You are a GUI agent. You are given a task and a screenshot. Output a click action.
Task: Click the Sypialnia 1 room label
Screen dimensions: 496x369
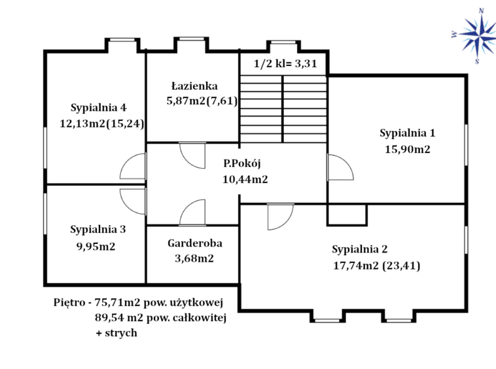(x=408, y=133)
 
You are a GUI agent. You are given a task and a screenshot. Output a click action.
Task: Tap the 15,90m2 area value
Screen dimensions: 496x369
(x=408, y=149)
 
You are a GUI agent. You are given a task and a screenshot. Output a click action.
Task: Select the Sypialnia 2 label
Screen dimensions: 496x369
(x=360, y=249)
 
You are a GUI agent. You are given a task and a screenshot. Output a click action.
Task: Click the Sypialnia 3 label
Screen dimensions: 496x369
(x=97, y=230)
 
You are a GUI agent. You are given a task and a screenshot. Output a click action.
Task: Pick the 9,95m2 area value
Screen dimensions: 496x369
(x=96, y=246)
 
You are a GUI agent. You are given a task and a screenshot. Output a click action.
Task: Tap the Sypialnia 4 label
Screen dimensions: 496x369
(x=98, y=108)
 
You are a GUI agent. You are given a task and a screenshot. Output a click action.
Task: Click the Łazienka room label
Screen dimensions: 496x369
(x=194, y=86)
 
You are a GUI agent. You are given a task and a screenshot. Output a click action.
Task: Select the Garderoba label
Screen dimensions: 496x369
(x=195, y=243)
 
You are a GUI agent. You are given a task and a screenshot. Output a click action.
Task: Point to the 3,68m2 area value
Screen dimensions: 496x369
(x=194, y=258)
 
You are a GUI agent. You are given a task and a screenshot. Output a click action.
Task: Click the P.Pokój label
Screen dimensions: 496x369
(x=242, y=164)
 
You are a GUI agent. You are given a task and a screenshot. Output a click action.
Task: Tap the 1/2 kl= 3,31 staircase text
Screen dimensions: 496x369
(x=285, y=63)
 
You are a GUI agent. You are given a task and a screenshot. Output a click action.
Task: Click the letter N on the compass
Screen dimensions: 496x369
(x=481, y=11)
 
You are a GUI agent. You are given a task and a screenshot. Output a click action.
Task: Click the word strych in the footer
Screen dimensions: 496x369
(x=121, y=333)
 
